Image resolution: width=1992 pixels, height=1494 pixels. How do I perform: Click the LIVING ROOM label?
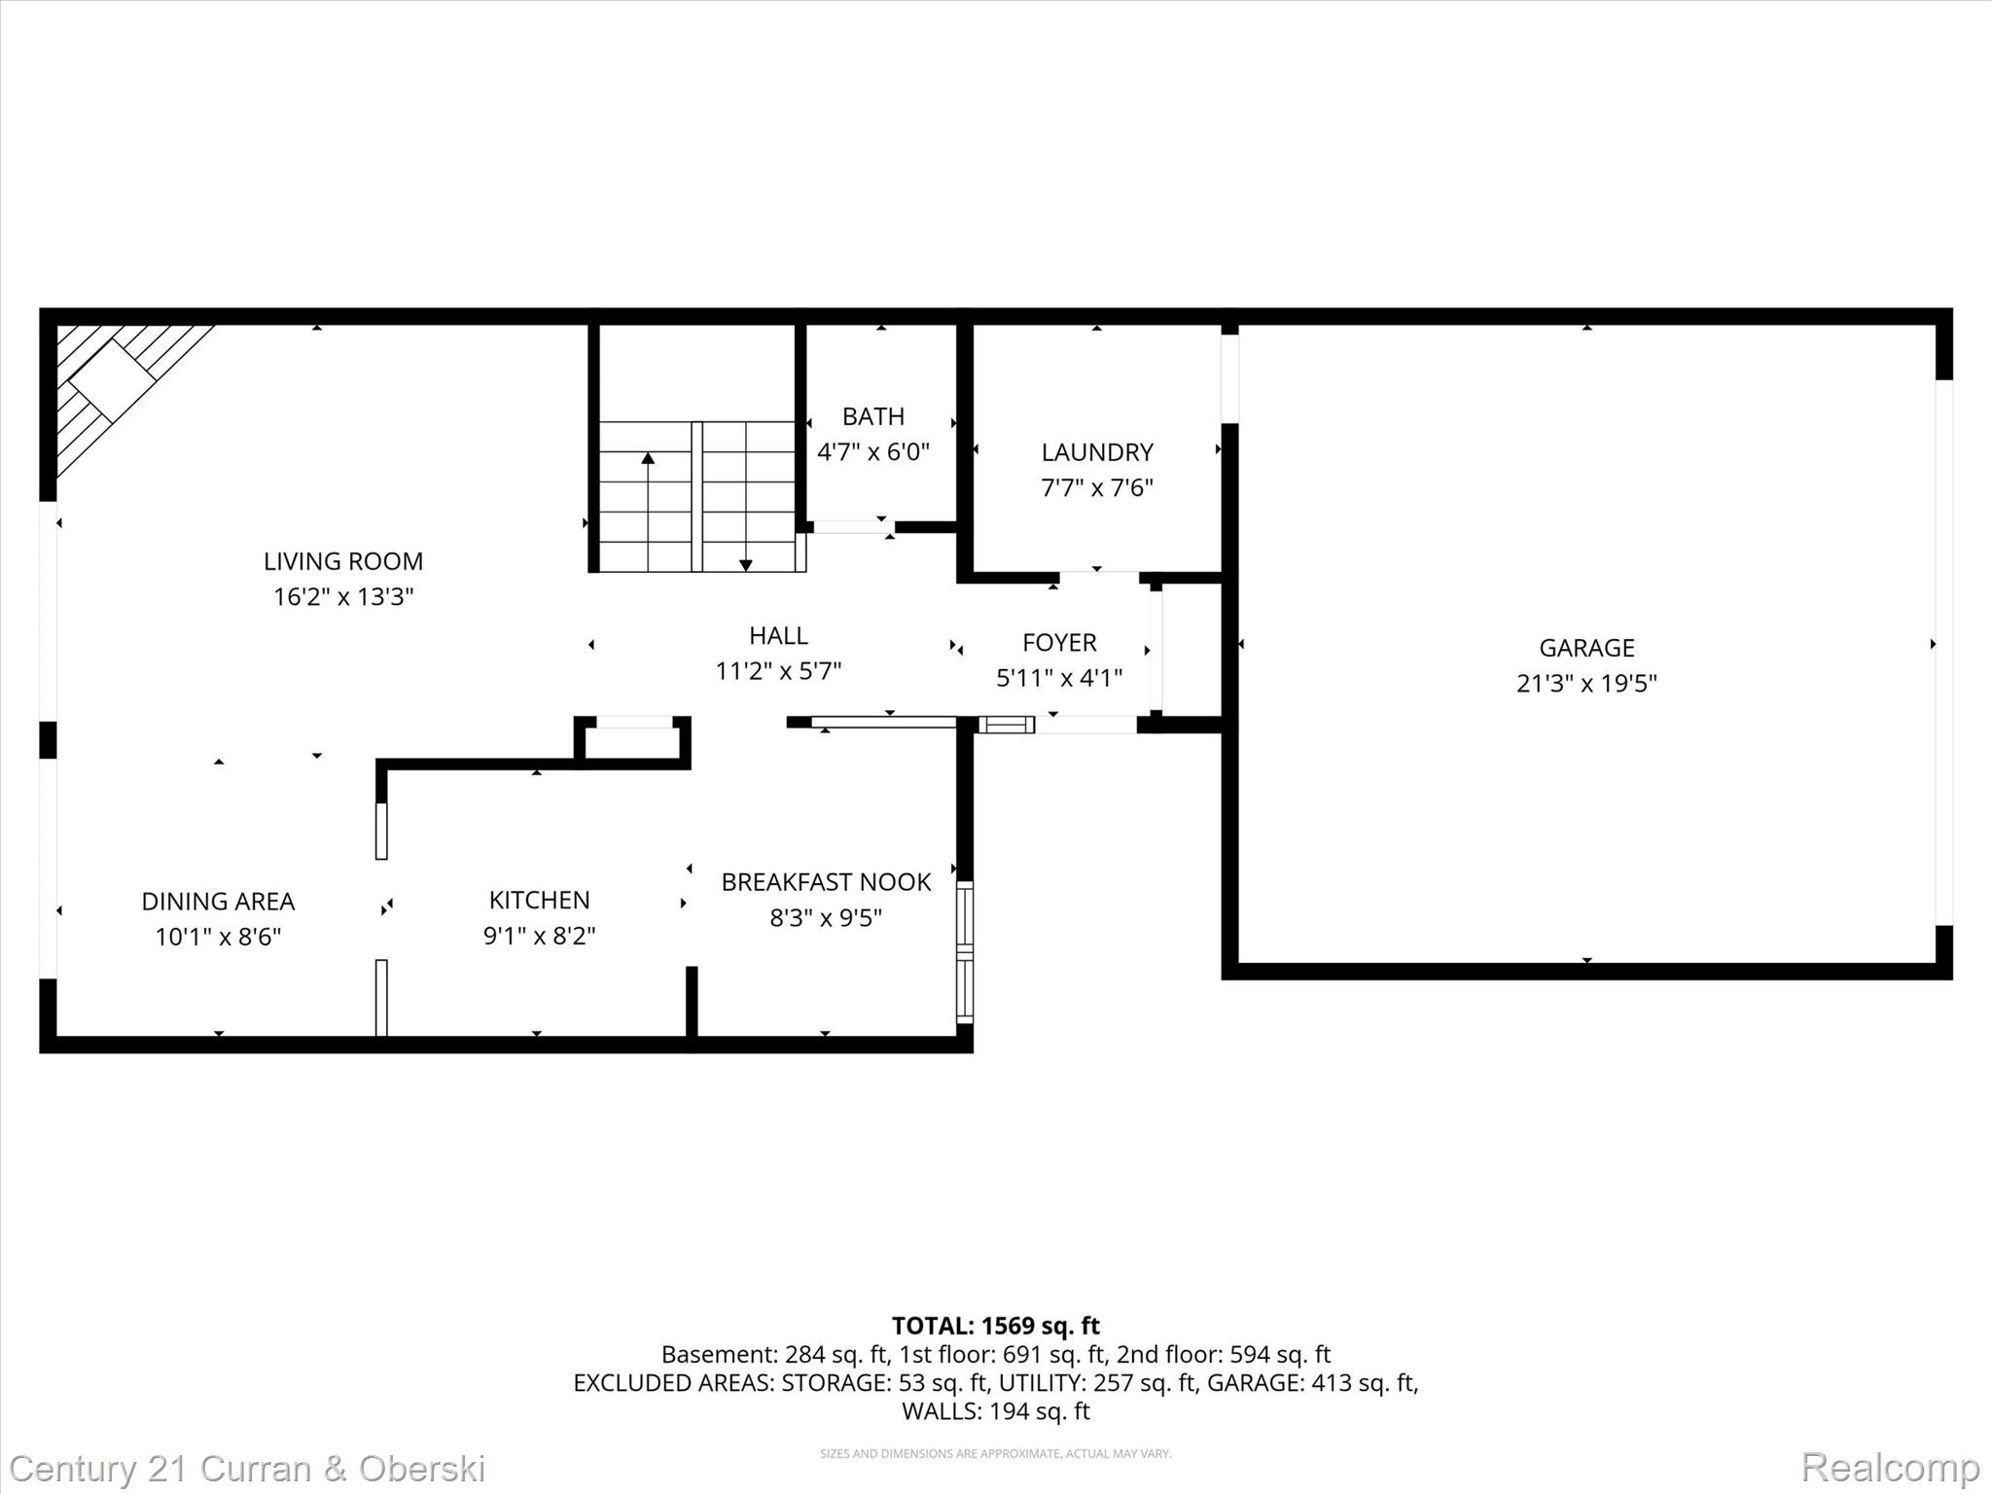tap(342, 561)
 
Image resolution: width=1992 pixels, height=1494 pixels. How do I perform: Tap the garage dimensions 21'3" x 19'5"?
tap(1586, 684)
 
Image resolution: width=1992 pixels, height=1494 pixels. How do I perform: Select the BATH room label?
tap(872, 416)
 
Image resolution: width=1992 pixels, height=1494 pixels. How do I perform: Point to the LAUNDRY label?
tap(1097, 452)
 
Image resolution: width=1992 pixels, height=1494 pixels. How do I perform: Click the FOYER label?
tap(1059, 643)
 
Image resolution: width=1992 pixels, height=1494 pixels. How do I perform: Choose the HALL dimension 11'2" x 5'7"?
tap(778, 671)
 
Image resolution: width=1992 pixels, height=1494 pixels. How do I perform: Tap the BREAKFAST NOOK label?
tap(826, 882)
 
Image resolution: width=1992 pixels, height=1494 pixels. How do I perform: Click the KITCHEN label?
tap(539, 900)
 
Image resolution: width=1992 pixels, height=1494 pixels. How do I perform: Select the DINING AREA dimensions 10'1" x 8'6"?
tap(218, 937)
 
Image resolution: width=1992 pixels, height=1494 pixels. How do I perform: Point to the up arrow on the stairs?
tap(648, 459)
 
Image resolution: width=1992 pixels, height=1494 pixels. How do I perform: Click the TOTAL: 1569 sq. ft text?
tap(995, 1326)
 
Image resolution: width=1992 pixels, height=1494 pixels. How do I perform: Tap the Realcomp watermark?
tap(1890, 1468)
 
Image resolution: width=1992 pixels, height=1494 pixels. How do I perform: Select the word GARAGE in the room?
tap(1586, 648)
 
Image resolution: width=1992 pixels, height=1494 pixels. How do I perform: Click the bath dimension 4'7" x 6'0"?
tap(872, 452)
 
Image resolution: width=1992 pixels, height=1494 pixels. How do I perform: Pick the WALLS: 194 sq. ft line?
tap(995, 1411)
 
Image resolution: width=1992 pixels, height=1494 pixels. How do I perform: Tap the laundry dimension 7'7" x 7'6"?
tap(1097, 488)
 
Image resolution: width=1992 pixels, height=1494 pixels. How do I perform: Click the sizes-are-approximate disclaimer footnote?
tap(995, 1453)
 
